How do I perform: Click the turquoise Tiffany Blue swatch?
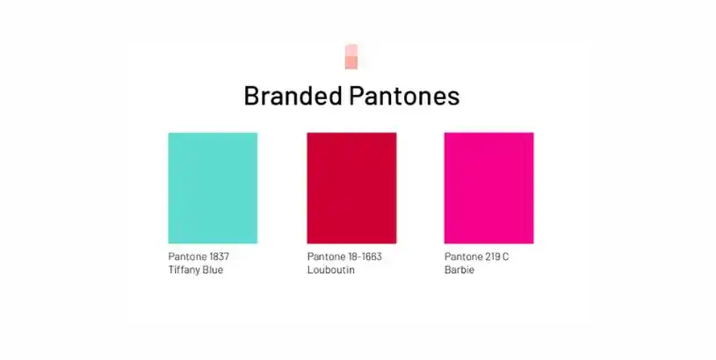pyautogui.click(x=213, y=187)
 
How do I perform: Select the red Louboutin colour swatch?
pyautogui.click(x=351, y=187)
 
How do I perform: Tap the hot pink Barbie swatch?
pyautogui.click(x=488, y=187)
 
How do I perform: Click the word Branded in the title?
pyautogui.click(x=293, y=96)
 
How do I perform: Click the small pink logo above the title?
pyautogui.click(x=351, y=56)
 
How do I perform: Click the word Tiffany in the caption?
pyautogui.click(x=184, y=270)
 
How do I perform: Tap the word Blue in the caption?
pyautogui.click(x=213, y=270)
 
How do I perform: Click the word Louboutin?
pyautogui.click(x=330, y=270)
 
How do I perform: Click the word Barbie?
pyautogui.click(x=459, y=270)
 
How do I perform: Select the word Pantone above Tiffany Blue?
pyautogui.click(x=185, y=256)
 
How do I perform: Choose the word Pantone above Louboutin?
pyautogui.click(x=324, y=256)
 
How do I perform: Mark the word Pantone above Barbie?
pyautogui.click(x=462, y=256)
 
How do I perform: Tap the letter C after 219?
pyautogui.click(x=505, y=256)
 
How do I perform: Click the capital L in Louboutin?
pyautogui.click(x=310, y=270)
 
